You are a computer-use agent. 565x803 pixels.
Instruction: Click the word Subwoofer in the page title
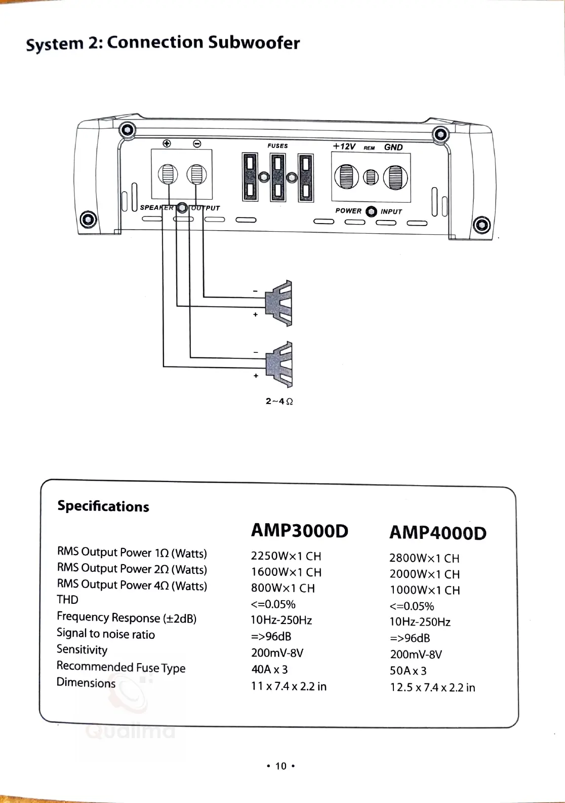point(254,43)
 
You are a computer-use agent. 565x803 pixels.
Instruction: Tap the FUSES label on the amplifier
point(277,146)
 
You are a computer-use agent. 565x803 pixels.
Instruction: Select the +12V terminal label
point(344,147)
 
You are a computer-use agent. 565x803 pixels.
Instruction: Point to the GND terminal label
point(393,147)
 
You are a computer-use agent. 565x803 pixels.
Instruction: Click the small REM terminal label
point(369,148)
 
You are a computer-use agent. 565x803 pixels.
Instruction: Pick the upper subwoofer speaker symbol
point(280,303)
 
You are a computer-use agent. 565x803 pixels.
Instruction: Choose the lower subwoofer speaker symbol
point(280,364)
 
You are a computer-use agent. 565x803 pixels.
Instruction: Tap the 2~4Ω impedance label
point(279,401)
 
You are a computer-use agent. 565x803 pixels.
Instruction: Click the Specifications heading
point(103,506)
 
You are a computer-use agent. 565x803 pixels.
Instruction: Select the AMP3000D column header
point(300,531)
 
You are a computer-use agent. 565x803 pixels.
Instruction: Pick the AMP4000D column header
point(437,533)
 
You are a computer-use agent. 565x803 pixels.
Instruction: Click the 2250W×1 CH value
point(286,556)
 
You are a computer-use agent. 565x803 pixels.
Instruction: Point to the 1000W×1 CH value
point(424,590)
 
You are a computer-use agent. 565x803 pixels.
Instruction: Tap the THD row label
point(67,600)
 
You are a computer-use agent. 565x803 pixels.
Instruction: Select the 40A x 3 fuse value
point(269,669)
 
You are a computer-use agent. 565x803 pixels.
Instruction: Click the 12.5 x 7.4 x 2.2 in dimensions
point(432,687)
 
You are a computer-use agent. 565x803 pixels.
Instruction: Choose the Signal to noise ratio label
point(106,634)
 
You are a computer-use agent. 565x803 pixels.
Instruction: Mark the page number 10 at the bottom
point(280,766)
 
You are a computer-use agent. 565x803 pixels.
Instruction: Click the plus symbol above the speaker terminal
point(167,143)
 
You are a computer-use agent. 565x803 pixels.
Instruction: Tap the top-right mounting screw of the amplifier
point(441,135)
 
